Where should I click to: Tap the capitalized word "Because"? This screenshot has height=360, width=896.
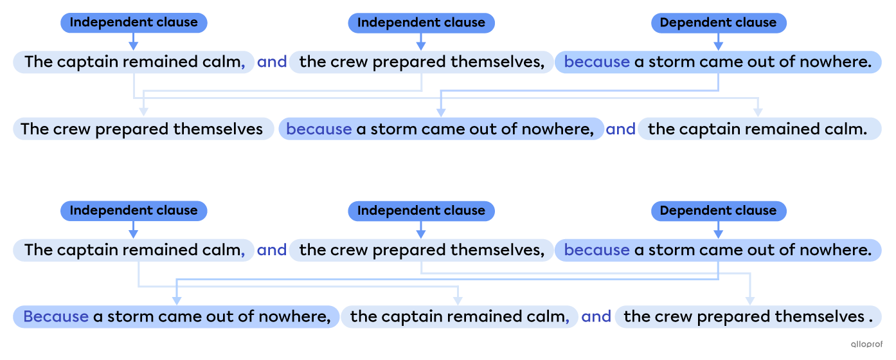pos(55,316)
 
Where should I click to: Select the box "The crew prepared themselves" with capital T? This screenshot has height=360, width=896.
pos(142,129)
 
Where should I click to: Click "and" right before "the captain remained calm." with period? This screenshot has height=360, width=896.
pos(620,129)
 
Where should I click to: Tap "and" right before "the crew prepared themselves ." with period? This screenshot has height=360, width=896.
pos(596,317)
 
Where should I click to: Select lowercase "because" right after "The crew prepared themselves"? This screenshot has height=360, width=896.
pos(319,129)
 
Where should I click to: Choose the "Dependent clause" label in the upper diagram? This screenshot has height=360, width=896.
pos(718,22)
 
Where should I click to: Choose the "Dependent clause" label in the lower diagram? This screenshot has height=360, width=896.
pos(718,210)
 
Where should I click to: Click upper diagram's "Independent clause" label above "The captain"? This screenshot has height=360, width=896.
pos(134,22)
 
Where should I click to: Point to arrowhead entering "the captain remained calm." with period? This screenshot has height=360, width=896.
pos(759,113)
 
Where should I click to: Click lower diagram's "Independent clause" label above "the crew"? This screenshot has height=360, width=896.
pos(421,210)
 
